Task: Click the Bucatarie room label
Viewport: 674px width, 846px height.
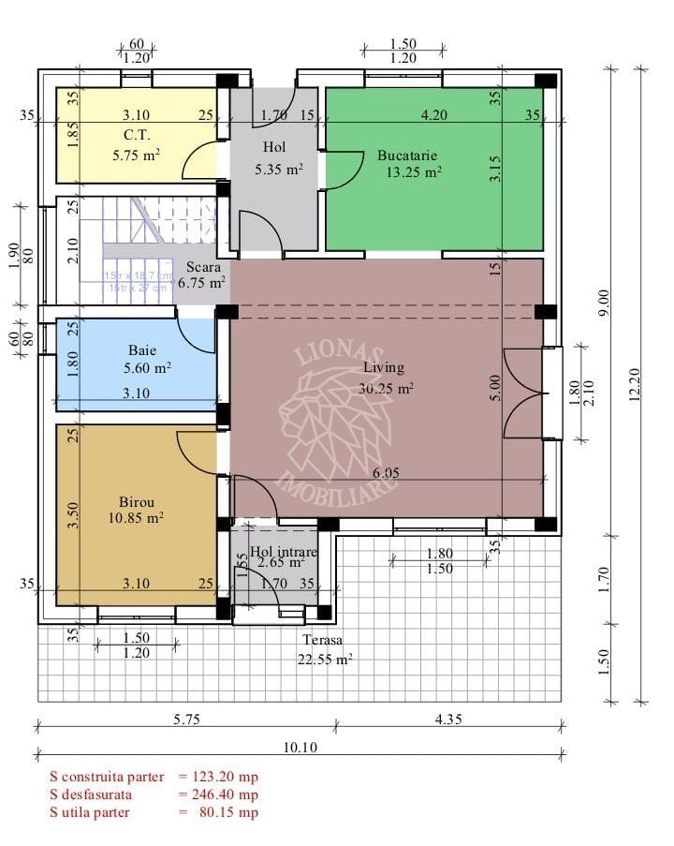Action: [x=407, y=155]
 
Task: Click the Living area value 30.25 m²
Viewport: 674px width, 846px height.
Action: [x=387, y=388]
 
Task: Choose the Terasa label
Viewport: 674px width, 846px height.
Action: [x=322, y=640]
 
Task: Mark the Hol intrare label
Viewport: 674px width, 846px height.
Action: [x=284, y=552]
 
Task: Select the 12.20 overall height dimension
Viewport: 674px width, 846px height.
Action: [x=636, y=383]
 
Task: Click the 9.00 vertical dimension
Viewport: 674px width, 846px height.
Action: [x=604, y=305]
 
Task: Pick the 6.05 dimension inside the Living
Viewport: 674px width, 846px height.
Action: [x=385, y=473]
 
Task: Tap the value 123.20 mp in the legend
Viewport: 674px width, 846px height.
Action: [x=225, y=777]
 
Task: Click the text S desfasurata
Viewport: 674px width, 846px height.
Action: [x=96, y=794]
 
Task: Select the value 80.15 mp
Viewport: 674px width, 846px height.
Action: [x=228, y=812]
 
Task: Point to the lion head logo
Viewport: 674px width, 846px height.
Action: [x=337, y=412]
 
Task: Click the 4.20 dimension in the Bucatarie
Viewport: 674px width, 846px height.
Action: [x=433, y=116]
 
